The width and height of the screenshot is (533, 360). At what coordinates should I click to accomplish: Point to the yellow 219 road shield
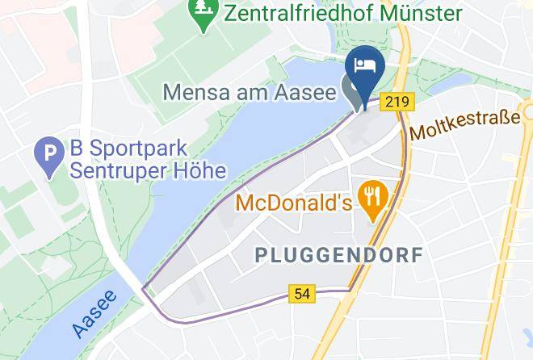(395, 102)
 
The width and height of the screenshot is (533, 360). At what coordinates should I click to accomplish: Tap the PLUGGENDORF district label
(338, 255)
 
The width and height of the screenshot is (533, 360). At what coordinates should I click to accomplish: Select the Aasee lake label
(94, 314)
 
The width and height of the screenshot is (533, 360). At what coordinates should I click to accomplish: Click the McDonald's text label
(294, 202)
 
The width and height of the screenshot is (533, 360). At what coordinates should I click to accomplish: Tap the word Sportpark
(138, 150)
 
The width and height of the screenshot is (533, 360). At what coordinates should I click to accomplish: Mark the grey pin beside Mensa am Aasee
(353, 89)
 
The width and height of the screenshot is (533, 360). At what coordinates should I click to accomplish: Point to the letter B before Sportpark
(76, 149)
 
